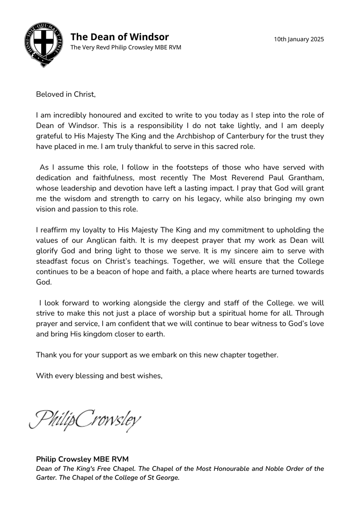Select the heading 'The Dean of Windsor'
119,37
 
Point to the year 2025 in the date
316,39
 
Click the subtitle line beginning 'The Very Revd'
126,48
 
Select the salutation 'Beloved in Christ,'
66,94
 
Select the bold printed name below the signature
82,459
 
